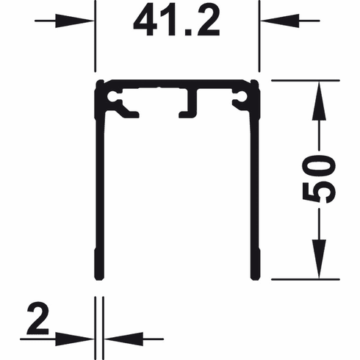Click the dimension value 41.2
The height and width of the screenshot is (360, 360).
click(177, 22)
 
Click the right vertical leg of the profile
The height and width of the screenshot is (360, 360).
click(256, 191)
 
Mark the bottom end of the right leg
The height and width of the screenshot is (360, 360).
click(256, 278)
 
